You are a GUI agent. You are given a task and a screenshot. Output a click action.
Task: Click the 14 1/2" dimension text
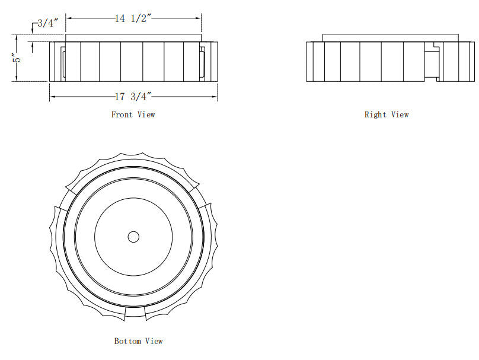click(x=135, y=18)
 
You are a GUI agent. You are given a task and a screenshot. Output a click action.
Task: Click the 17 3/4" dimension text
click(x=134, y=97)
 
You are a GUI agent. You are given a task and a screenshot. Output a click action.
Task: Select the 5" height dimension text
click(x=18, y=58)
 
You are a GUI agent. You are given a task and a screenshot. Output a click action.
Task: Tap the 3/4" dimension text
click(x=47, y=23)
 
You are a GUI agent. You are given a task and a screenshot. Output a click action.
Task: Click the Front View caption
click(x=133, y=114)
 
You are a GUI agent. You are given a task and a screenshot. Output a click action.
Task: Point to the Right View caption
click(x=386, y=114)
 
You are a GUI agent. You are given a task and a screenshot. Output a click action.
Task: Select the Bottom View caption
click(x=138, y=341)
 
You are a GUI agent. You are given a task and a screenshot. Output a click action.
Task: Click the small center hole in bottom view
click(x=133, y=237)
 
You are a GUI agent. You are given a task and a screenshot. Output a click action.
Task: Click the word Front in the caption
click(x=122, y=114)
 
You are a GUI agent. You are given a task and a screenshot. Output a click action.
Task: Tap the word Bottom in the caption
click(x=127, y=341)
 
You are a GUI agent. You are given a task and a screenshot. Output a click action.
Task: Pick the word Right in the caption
click(x=375, y=114)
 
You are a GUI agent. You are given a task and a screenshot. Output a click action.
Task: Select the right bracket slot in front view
click(x=203, y=62)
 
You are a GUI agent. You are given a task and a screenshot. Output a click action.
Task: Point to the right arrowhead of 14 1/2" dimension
click(x=199, y=18)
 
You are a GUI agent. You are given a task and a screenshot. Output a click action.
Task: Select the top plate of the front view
click(x=133, y=37)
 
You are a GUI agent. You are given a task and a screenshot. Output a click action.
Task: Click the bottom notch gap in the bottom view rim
click(x=135, y=312)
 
